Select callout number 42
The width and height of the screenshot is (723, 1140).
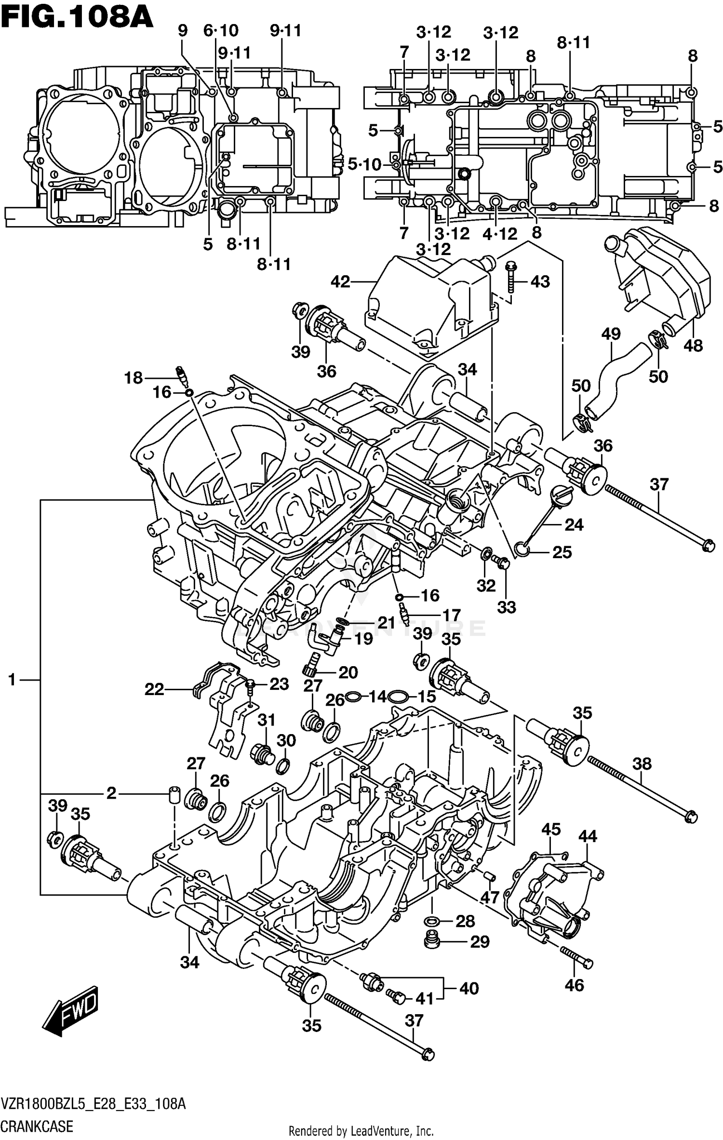pos(340,282)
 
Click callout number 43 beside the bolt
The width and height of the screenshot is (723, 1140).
pos(540,282)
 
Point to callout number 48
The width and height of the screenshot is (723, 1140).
pos(693,345)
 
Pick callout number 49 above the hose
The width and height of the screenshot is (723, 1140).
pos(611,333)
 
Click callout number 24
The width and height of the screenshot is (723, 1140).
pos(574,524)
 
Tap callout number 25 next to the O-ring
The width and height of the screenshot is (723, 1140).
pos(562,552)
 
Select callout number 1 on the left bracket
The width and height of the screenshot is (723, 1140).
pos(12,680)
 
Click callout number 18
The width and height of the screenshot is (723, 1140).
pos(134,377)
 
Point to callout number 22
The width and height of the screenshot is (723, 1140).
pos(154,689)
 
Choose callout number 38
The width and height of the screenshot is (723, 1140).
pos(642,763)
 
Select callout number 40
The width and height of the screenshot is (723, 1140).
pos(469,988)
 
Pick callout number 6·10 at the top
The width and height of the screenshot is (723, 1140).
pos(221,31)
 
